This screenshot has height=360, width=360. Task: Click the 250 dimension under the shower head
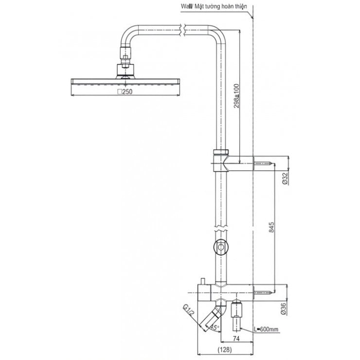pos(125,92)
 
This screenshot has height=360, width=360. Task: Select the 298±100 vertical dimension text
pos(236,96)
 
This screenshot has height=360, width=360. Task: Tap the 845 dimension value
pos(271,227)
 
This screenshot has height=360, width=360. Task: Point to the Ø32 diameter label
pos(285,179)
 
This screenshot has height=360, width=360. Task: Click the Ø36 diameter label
pos(284,309)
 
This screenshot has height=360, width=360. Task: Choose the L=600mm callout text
pos(266,329)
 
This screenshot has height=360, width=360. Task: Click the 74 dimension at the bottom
pos(236,339)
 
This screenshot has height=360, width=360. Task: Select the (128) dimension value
pos(224,350)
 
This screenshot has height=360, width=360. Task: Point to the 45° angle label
pos(215,327)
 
